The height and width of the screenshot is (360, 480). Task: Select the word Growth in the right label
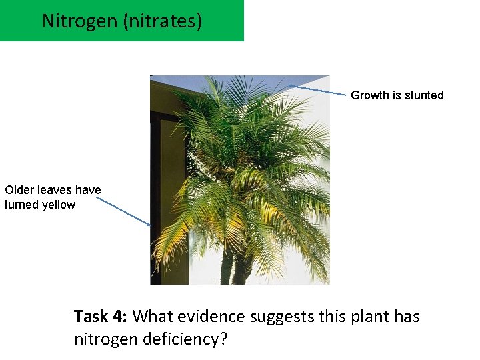370,95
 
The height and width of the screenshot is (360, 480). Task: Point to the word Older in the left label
19,190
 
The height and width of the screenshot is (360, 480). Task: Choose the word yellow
58,205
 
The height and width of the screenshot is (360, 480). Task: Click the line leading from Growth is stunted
320,90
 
